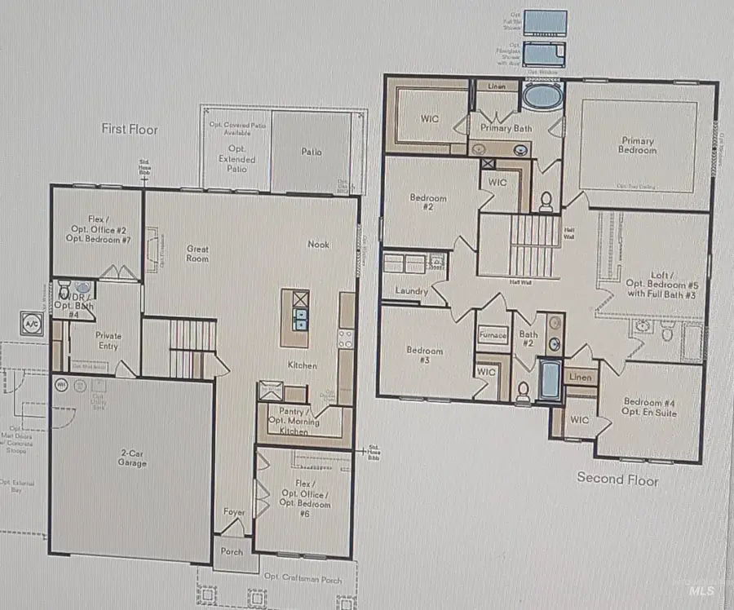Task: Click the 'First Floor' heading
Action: click(130, 129)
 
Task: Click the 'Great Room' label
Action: click(197, 254)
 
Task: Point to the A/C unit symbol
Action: click(33, 323)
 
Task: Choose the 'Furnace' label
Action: click(492, 334)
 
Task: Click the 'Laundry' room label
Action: click(413, 291)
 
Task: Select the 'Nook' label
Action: click(319, 244)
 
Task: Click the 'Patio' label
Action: click(311, 152)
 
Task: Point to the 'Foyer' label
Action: click(234, 512)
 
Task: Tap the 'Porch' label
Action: click(232, 551)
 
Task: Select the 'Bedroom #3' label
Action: click(424, 355)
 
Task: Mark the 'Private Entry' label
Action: click(108, 340)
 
